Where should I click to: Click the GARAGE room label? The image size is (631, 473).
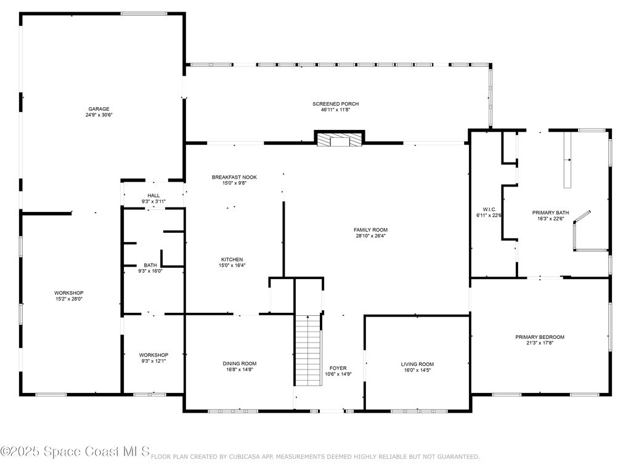(x=99, y=109)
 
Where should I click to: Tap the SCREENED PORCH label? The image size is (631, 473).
(x=336, y=103)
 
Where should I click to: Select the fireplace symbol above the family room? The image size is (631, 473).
(x=340, y=139)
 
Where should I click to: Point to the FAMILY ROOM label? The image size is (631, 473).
(x=370, y=230)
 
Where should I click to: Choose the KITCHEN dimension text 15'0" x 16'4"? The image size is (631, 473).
(x=232, y=265)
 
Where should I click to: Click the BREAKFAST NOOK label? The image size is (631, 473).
(x=234, y=177)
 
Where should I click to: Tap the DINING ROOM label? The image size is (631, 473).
(x=240, y=363)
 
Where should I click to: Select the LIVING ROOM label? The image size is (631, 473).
(x=417, y=365)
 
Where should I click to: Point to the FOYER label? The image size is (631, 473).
(x=338, y=368)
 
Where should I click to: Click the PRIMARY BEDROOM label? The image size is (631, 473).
(x=540, y=337)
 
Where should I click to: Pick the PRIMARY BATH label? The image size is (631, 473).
(x=550, y=212)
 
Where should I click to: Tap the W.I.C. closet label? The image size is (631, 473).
(x=489, y=209)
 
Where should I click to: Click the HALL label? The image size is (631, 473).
(x=153, y=195)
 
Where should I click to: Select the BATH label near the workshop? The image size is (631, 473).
(x=150, y=265)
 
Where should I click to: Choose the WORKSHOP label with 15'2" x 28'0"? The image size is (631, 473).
(x=69, y=293)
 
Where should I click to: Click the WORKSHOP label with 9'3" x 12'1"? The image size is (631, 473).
(x=153, y=355)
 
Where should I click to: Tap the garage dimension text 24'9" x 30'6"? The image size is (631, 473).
(x=99, y=115)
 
